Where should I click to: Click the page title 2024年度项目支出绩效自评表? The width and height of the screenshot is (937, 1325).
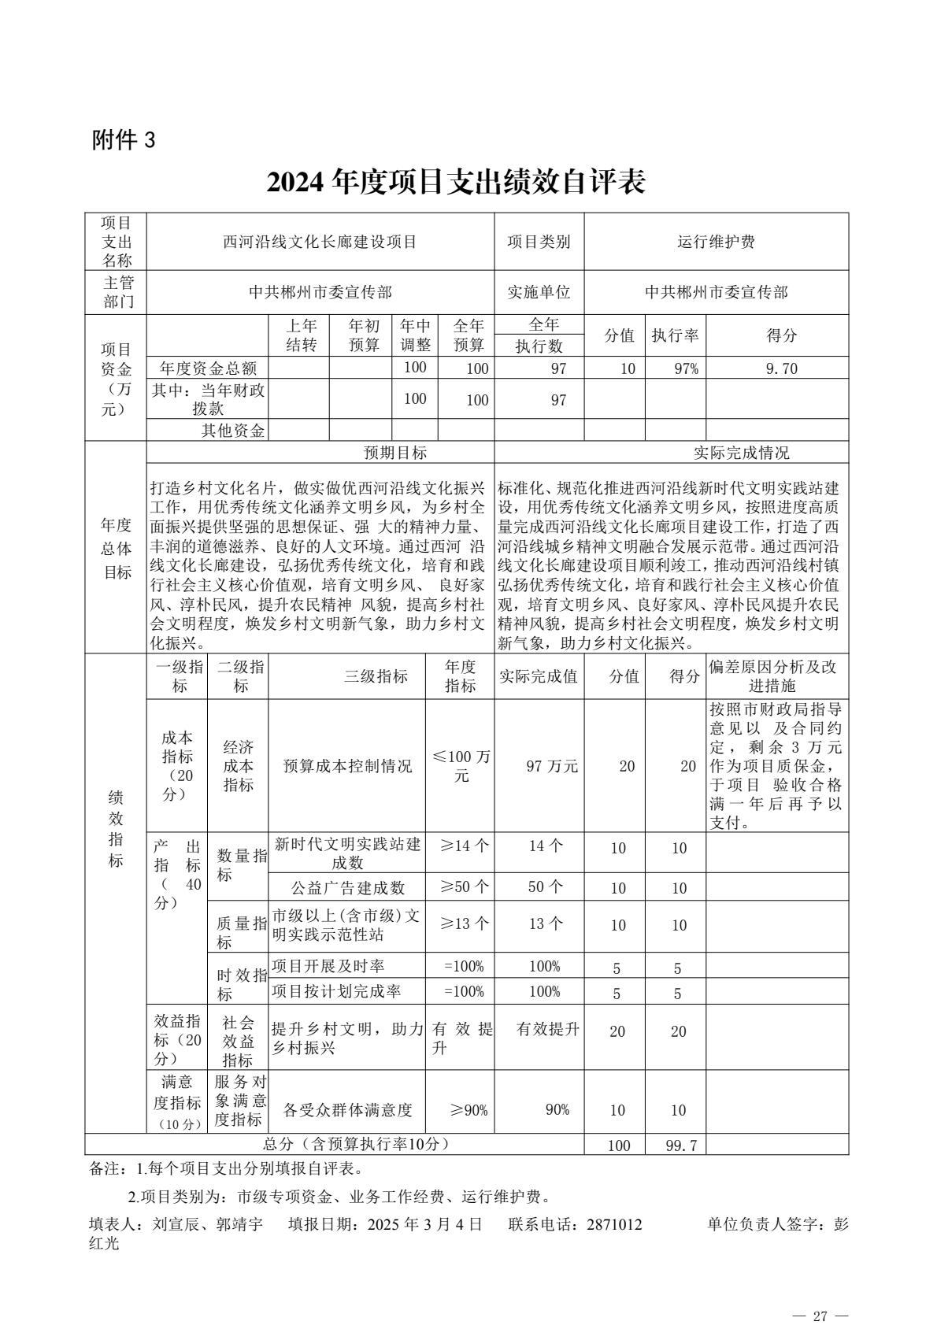(456, 182)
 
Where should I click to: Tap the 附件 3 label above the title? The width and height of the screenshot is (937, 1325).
(124, 140)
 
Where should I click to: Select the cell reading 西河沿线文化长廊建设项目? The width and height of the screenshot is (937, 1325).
(320, 242)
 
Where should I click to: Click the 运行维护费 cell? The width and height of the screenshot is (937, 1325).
(716, 242)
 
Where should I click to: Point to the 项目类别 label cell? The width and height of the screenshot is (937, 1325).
(539, 242)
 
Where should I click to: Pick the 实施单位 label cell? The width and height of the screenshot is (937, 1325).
(539, 293)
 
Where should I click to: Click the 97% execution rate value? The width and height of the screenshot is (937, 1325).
(675, 368)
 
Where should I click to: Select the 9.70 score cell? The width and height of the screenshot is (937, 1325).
(776, 368)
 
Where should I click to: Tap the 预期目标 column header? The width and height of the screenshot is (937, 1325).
(395, 453)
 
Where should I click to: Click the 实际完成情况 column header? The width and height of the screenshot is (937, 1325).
(740, 453)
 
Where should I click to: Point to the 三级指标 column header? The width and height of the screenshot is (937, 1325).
(376, 676)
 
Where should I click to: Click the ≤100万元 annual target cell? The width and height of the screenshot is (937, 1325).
(461, 765)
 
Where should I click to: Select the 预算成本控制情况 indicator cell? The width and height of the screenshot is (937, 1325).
(347, 766)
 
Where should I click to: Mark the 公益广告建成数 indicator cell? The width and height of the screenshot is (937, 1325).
(347, 887)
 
